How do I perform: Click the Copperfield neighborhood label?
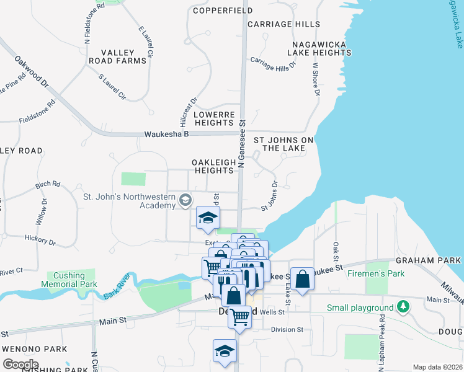click(x=223, y=11)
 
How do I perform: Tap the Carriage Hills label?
click(x=283, y=24)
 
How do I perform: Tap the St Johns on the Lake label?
click(x=283, y=144)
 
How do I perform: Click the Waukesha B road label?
click(x=166, y=134)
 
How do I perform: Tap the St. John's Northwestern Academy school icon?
click(x=185, y=200)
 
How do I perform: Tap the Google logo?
click(x=21, y=364)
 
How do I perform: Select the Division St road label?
click(x=287, y=330)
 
